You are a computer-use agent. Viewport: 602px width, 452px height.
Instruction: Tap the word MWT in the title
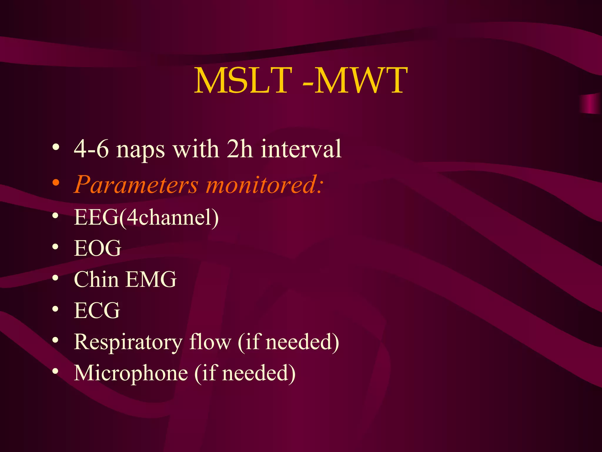coord(361,80)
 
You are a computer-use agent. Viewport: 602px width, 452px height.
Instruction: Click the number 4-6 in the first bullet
coord(91,149)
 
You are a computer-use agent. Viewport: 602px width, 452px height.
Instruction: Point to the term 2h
coord(240,149)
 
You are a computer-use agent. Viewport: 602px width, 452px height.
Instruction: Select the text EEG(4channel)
coord(146,217)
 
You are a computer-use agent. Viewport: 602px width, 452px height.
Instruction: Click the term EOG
coord(98,248)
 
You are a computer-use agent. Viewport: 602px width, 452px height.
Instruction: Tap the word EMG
coord(151,279)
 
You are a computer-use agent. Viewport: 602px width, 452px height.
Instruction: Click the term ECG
coord(97,310)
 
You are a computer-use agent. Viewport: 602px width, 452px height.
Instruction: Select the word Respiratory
coord(128,343)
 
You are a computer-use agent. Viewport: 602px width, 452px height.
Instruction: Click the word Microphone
coord(131,373)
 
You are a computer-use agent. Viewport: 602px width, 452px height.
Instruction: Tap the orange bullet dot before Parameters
coord(56,183)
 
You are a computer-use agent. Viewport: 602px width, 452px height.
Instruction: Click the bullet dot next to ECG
coord(56,309)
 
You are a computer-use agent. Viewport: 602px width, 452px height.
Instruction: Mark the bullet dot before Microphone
coord(56,372)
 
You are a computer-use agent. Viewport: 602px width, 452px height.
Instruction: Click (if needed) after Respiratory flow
coord(288,342)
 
